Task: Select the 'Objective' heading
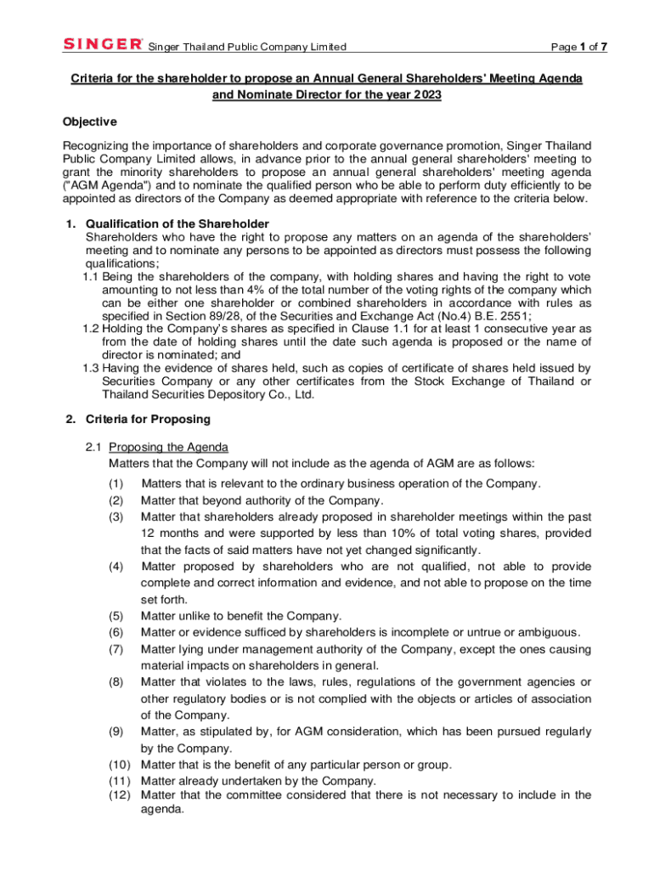tap(90, 121)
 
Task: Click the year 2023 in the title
tap(427, 95)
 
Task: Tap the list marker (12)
tap(119, 794)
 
